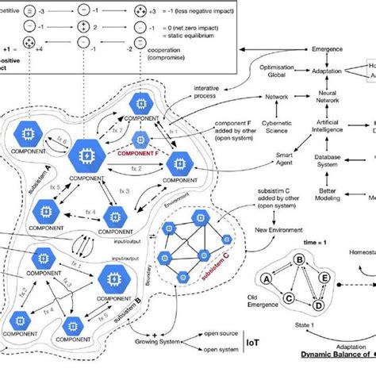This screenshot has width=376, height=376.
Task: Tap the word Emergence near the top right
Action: [328, 50]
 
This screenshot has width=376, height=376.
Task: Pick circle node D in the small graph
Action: [318, 305]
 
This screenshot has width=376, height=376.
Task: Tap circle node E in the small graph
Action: [324, 278]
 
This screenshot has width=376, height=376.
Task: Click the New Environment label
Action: [279, 229]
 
